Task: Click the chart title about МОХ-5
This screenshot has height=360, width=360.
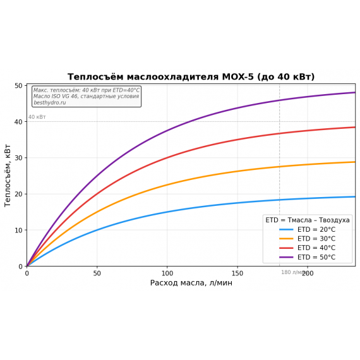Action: click(191, 77)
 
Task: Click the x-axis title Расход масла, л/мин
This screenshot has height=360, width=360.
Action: click(191, 283)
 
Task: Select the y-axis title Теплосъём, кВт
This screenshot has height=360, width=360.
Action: click(8, 176)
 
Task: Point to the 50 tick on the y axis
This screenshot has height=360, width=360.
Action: click(18, 85)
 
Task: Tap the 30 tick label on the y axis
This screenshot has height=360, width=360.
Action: click(18, 158)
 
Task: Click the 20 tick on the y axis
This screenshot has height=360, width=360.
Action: click(18, 194)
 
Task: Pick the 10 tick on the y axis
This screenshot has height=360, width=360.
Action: click(18, 230)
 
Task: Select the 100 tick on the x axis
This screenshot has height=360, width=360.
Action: click(167, 273)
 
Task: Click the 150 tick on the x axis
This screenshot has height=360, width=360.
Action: click(237, 273)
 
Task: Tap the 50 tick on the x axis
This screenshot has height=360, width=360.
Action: click(97, 273)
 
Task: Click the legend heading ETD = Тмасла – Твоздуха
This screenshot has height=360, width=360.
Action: click(308, 220)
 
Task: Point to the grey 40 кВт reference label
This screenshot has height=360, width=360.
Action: click(37, 117)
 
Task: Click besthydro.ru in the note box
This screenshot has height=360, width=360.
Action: click(49, 102)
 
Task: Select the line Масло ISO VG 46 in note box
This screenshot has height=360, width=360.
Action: click(86, 97)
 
